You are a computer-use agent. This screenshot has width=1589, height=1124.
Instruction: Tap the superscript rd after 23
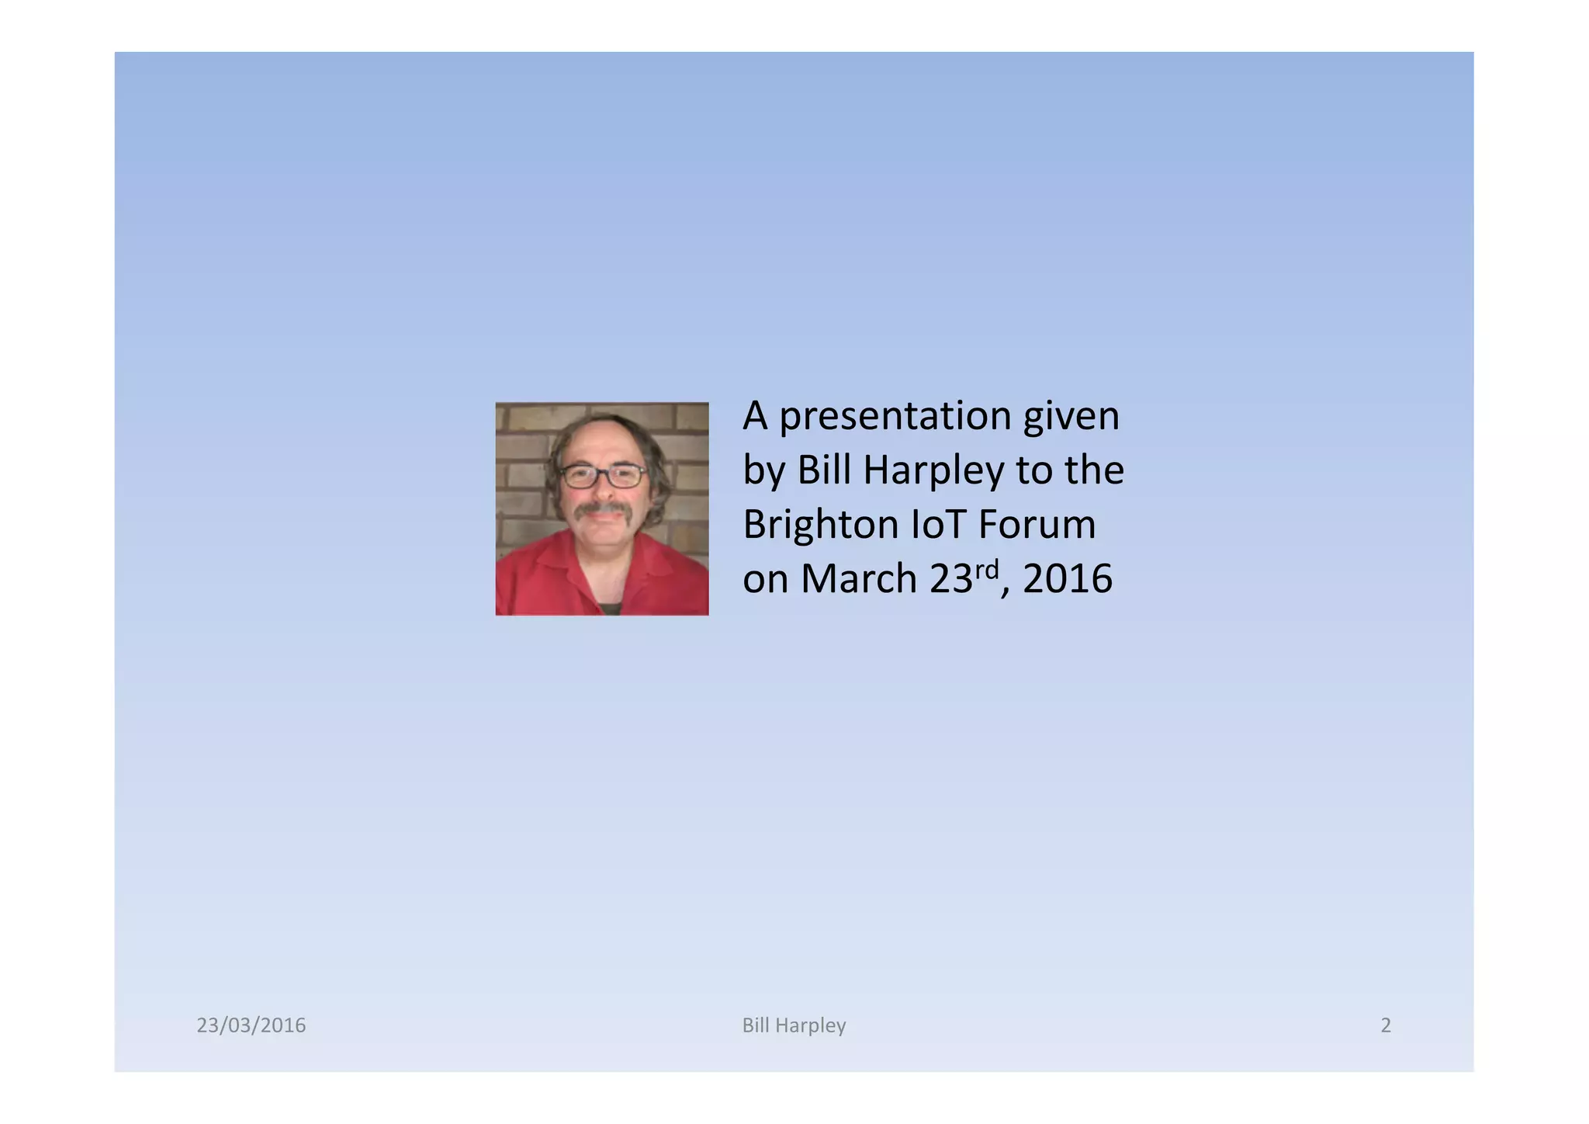(986, 571)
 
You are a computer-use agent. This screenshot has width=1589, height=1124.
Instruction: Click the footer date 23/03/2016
(251, 1025)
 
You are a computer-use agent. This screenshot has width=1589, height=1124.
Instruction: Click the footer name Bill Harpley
(794, 1025)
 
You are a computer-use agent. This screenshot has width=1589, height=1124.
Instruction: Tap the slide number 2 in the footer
(1386, 1025)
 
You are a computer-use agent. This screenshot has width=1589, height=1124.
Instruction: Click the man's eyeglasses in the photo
(603, 474)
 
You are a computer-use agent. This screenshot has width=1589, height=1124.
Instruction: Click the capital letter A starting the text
(755, 417)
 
